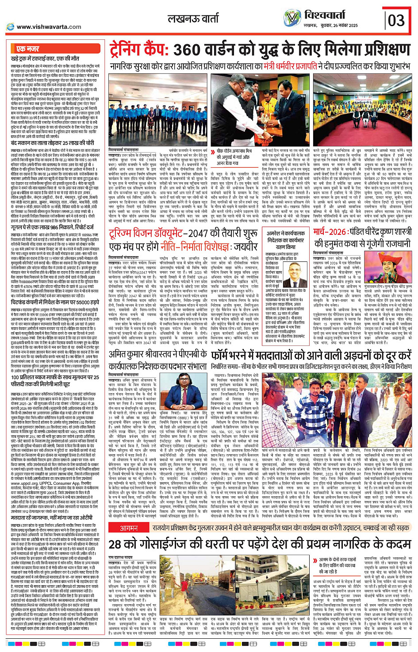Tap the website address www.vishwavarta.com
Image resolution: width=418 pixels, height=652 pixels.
(x=49, y=27)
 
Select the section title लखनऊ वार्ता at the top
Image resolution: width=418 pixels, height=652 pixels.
(x=193, y=19)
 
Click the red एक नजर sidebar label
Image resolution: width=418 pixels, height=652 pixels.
(x=27, y=49)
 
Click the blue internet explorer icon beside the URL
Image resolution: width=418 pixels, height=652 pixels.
(x=10, y=27)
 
